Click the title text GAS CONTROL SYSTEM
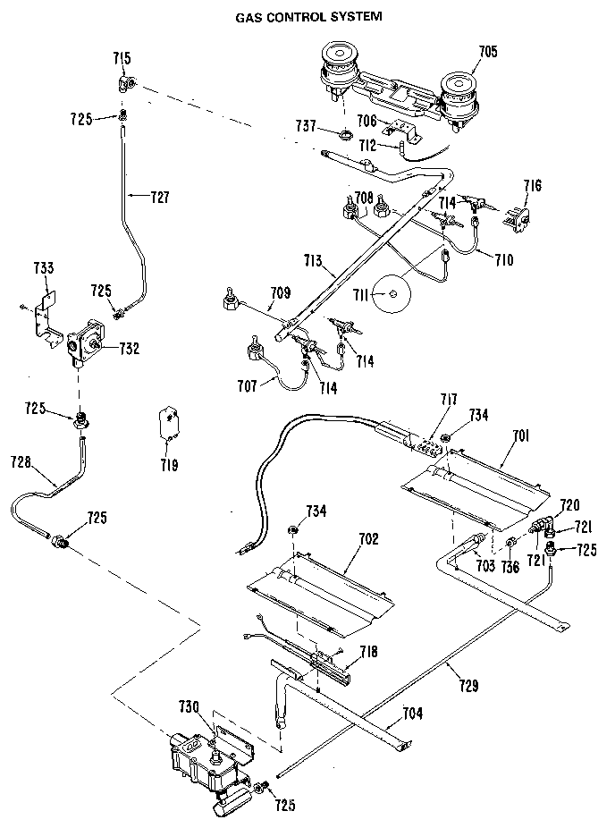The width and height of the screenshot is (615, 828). (x=308, y=16)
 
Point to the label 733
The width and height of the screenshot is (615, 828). (x=43, y=267)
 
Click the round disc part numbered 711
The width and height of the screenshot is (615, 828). (x=392, y=295)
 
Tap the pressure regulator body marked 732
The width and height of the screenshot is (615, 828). (x=87, y=343)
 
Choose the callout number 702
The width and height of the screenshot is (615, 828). (x=367, y=539)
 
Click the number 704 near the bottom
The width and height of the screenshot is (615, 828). (x=412, y=714)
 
